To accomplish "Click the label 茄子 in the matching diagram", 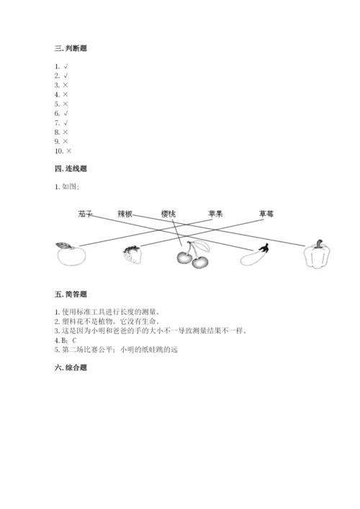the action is click(86, 214).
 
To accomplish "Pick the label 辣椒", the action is click(126, 214).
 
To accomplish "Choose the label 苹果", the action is click(215, 214).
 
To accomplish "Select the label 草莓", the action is click(266, 214).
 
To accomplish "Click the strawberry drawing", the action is click(131, 254).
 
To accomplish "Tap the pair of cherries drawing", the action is click(192, 256).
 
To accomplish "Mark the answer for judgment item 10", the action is click(68, 151).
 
